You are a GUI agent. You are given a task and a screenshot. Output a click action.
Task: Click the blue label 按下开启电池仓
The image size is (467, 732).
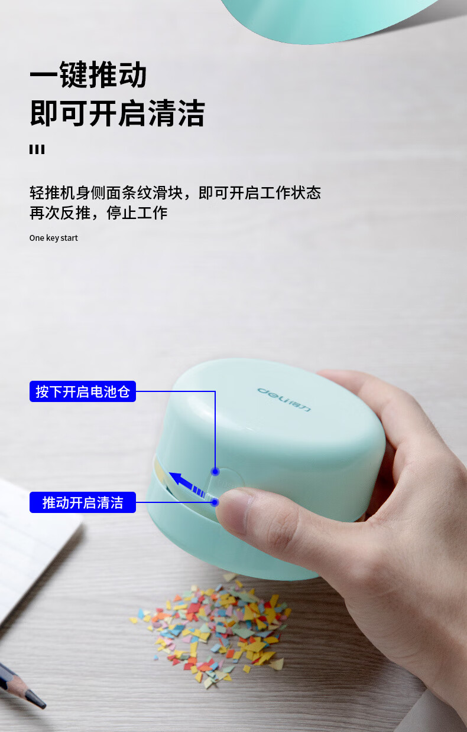pyautogui.click(x=83, y=391)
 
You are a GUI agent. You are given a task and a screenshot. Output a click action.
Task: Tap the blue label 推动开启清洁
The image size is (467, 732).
pyautogui.click(x=83, y=502)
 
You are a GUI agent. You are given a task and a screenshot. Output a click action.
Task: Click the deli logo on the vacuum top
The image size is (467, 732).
pyautogui.click(x=284, y=399)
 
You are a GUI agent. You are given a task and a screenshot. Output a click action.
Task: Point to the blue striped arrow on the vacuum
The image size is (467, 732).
pyautogui.click(x=188, y=485)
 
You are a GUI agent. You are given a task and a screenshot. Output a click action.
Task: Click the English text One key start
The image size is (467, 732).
pyautogui.click(x=54, y=238)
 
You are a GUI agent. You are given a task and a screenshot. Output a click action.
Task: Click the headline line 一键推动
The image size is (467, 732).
pyautogui.click(x=88, y=74)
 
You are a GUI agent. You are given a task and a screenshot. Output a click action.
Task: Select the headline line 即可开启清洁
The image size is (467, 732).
pyautogui.click(x=118, y=113)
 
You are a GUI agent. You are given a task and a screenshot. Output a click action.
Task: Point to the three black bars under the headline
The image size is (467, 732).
pyautogui.click(x=37, y=149)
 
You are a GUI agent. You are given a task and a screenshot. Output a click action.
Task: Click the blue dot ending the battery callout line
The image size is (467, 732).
pyautogui.click(x=215, y=471)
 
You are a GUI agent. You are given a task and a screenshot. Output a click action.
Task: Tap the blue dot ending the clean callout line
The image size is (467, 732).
pyautogui.click(x=215, y=502)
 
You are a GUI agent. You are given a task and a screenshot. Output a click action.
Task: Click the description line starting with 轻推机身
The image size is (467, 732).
pyautogui.click(x=175, y=192)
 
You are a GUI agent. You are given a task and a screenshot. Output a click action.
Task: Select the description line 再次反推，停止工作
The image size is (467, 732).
pyautogui.click(x=99, y=213)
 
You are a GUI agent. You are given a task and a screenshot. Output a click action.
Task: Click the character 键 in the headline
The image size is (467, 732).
pyautogui.click(x=74, y=74)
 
